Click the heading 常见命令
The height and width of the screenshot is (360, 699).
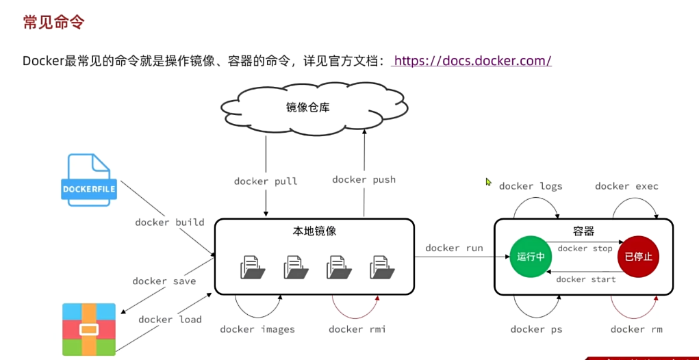pyautogui.click(x=53, y=22)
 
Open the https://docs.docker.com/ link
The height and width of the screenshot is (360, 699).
pyautogui.click(x=472, y=61)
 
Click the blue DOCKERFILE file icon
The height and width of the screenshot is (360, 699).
pyautogui.click(x=88, y=180)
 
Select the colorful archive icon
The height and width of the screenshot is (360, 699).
pyautogui.click(x=89, y=329)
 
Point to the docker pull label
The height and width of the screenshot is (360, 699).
pyautogui.click(x=266, y=181)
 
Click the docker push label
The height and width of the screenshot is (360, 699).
pyautogui.click(x=364, y=179)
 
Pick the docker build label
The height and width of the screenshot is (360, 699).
pyautogui.click(x=169, y=222)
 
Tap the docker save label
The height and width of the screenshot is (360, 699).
pyautogui.click(x=164, y=281)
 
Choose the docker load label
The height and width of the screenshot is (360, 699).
pyautogui.click(x=170, y=319)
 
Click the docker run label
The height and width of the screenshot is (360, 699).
pyautogui.click(x=454, y=248)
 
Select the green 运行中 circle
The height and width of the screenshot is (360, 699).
pyautogui.click(x=531, y=257)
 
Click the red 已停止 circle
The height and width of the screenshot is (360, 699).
pyautogui.click(x=638, y=257)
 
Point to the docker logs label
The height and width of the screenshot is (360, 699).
pyautogui.click(x=530, y=186)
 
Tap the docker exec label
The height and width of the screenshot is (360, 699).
pyautogui.click(x=626, y=186)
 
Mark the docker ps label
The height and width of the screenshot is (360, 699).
pyautogui.click(x=536, y=329)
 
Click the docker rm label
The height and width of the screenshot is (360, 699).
pyautogui.click(x=636, y=329)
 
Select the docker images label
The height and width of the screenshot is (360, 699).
pyautogui.click(x=257, y=329)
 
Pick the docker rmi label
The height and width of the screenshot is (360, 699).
pyautogui.click(x=357, y=329)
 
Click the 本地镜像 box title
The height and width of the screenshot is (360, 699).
pyautogui.click(x=314, y=231)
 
